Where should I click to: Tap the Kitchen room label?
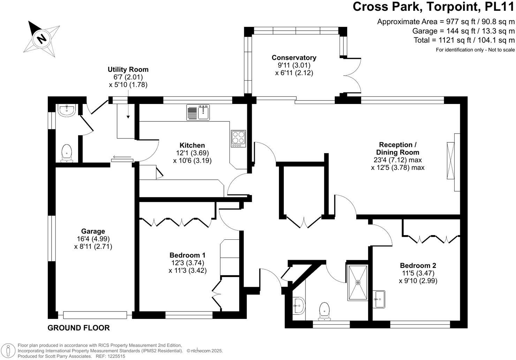coord(192,145)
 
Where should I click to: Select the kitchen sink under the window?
coord(198,112)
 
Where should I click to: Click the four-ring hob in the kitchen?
coord(238,138)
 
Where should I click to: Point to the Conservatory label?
coord(294,58)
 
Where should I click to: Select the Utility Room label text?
coord(128,69)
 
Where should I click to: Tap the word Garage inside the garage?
coord(93,231)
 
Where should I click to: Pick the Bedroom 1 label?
coord(187,255)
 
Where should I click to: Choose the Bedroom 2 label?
coord(418,265)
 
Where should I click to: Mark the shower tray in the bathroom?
coord(357,283)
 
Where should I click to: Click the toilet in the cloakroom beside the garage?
coord(66,153)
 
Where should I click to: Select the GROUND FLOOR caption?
coord(78,328)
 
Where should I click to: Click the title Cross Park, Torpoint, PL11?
coord(433,7)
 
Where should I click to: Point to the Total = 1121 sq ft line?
coord(464,40)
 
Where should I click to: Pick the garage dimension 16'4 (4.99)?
coord(93,239)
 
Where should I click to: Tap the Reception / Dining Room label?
coord(397,148)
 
